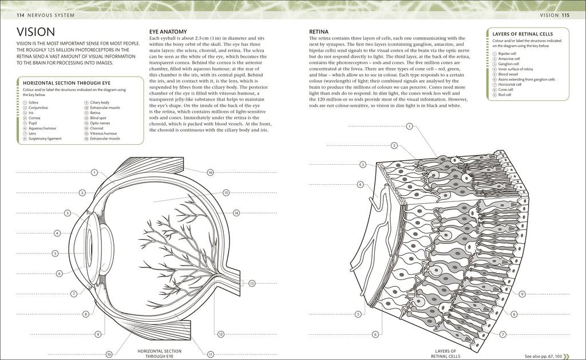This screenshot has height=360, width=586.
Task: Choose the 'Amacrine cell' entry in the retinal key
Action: click(509, 58)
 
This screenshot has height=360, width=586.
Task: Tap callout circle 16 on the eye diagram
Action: click(210, 172)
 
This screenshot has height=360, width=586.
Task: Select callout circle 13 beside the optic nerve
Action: click(251, 283)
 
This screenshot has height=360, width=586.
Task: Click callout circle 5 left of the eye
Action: click(55, 253)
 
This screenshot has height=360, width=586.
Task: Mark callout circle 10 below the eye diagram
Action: click(109, 354)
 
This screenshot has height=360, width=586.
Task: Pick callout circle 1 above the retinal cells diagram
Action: click(410, 126)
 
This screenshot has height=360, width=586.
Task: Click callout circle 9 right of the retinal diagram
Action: click(522, 294)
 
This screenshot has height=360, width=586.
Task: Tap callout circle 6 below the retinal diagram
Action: click(376, 334)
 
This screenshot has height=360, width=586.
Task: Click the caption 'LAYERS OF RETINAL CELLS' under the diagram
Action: click(445, 353)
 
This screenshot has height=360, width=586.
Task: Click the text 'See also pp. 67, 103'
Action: click(545, 354)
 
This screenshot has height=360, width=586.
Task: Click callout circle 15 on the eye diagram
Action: click(226, 193)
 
